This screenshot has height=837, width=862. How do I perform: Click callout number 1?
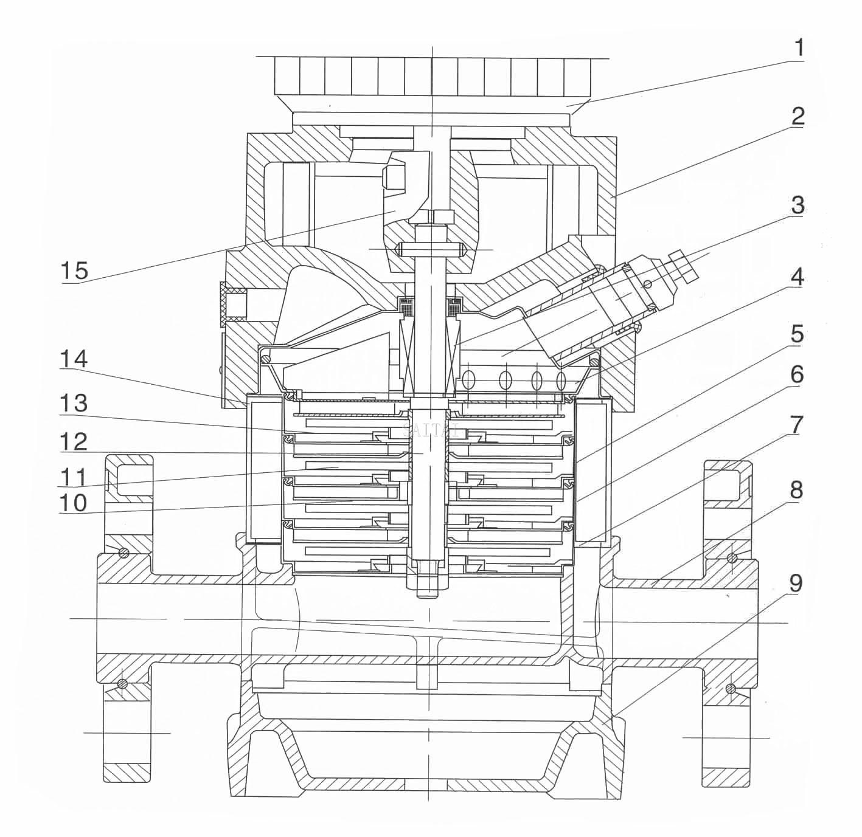tap(798, 47)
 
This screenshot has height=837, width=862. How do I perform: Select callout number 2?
tap(798, 116)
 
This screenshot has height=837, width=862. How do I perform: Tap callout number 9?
tap(796, 583)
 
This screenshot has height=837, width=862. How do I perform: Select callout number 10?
tap(73, 503)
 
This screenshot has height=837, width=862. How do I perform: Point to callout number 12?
tap(73, 442)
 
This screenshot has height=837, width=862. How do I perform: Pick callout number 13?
tap(73, 403)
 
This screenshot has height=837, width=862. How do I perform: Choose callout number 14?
tap(73, 360)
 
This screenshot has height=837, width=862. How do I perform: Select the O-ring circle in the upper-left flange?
tap(123, 552)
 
